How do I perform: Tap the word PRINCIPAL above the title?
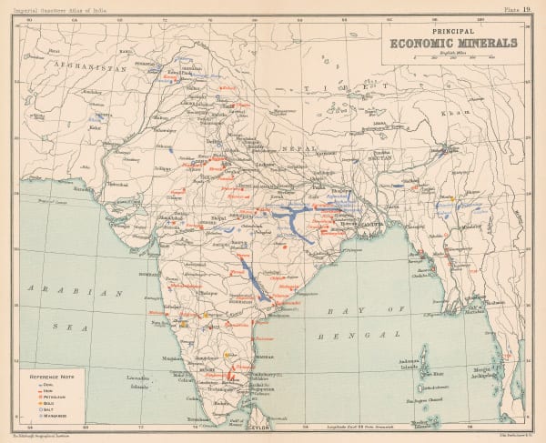coord(451,28)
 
